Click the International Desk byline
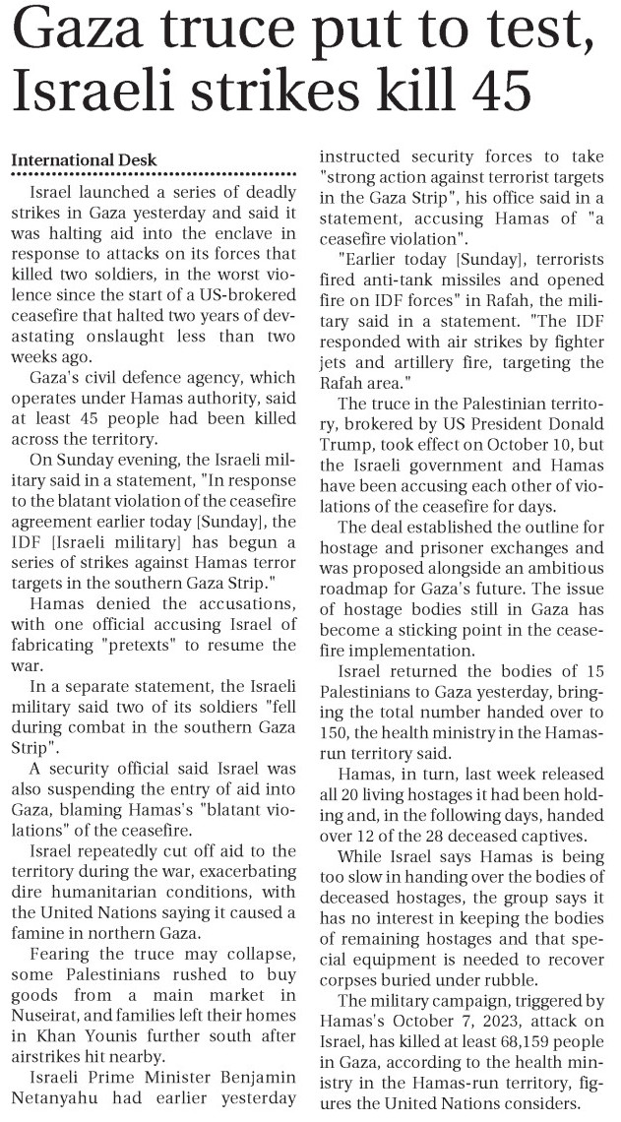[x=83, y=160]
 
